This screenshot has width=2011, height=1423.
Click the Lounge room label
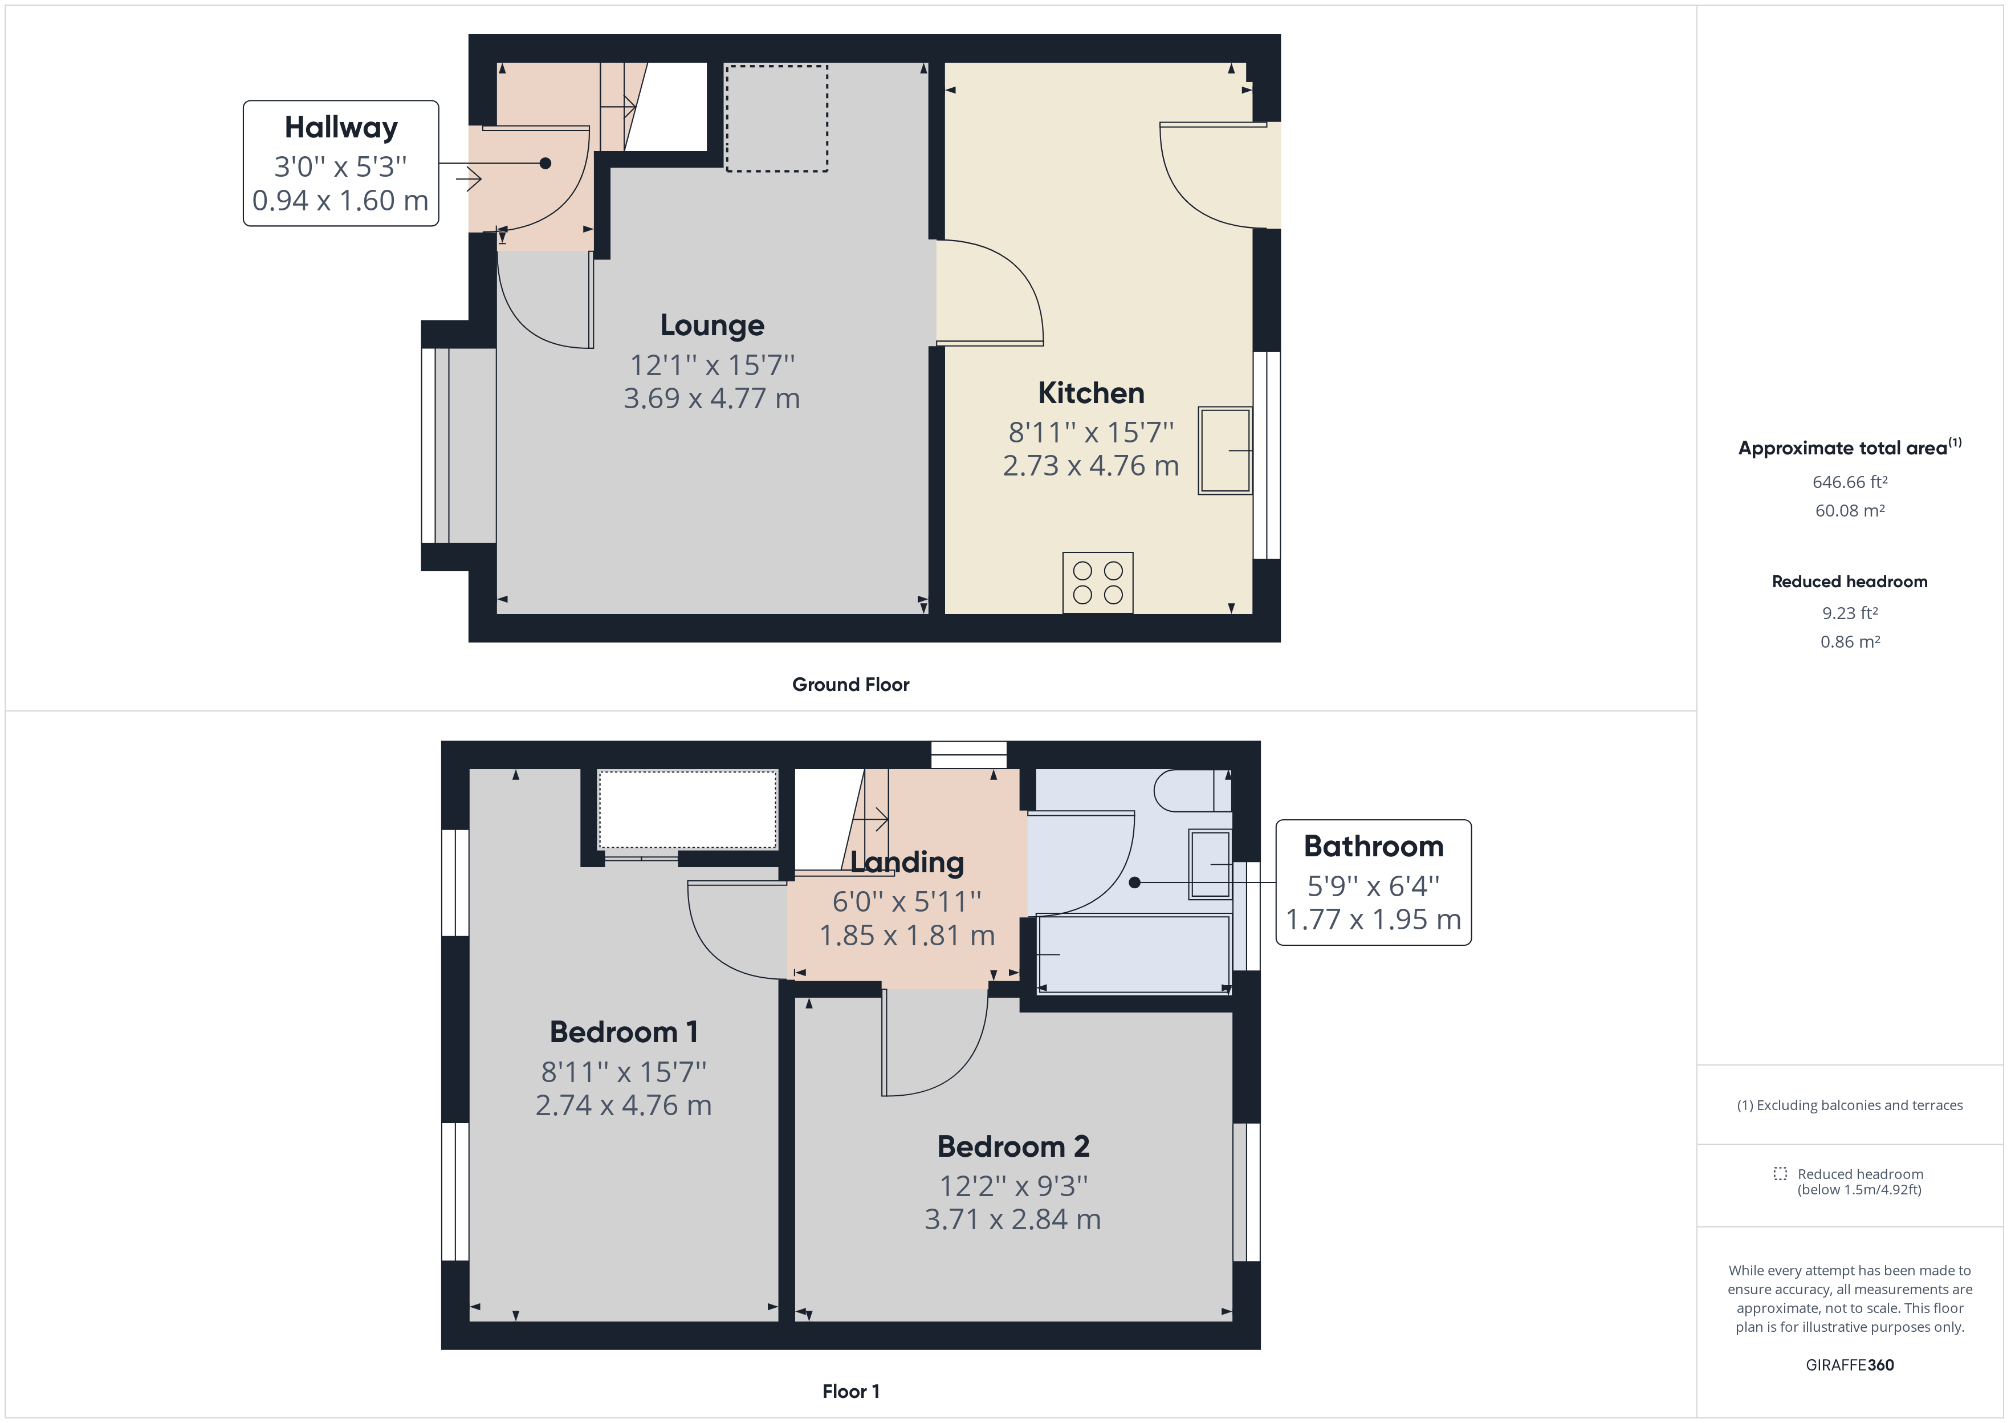pyautogui.click(x=711, y=325)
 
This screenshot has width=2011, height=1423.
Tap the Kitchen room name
pyautogui.click(x=1090, y=393)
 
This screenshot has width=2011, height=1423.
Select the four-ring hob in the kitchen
pyautogui.click(x=1097, y=583)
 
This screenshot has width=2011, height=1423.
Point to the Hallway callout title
pyautogui.click(x=341, y=128)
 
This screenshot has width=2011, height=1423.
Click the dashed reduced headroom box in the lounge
pyautogui.click(x=776, y=118)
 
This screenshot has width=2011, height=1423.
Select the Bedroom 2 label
pyautogui.click(x=1012, y=1146)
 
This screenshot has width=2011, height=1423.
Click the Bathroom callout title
pyautogui.click(x=1373, y=847)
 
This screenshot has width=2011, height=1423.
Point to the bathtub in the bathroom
pyautogui.click(x=1133, y=954)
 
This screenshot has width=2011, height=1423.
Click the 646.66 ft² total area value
pyautogui.click(x=1849, y=482)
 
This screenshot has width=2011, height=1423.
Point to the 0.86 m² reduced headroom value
pyautogui.click(x=1849, y=641)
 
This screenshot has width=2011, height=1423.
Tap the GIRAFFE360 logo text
pyautogui.click(x=1849, y=1364)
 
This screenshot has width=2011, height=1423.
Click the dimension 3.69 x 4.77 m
pyautogui.click(x=711, y=399)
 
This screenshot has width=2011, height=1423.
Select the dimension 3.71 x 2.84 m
pyautogui.click(x=1012, y=1219)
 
